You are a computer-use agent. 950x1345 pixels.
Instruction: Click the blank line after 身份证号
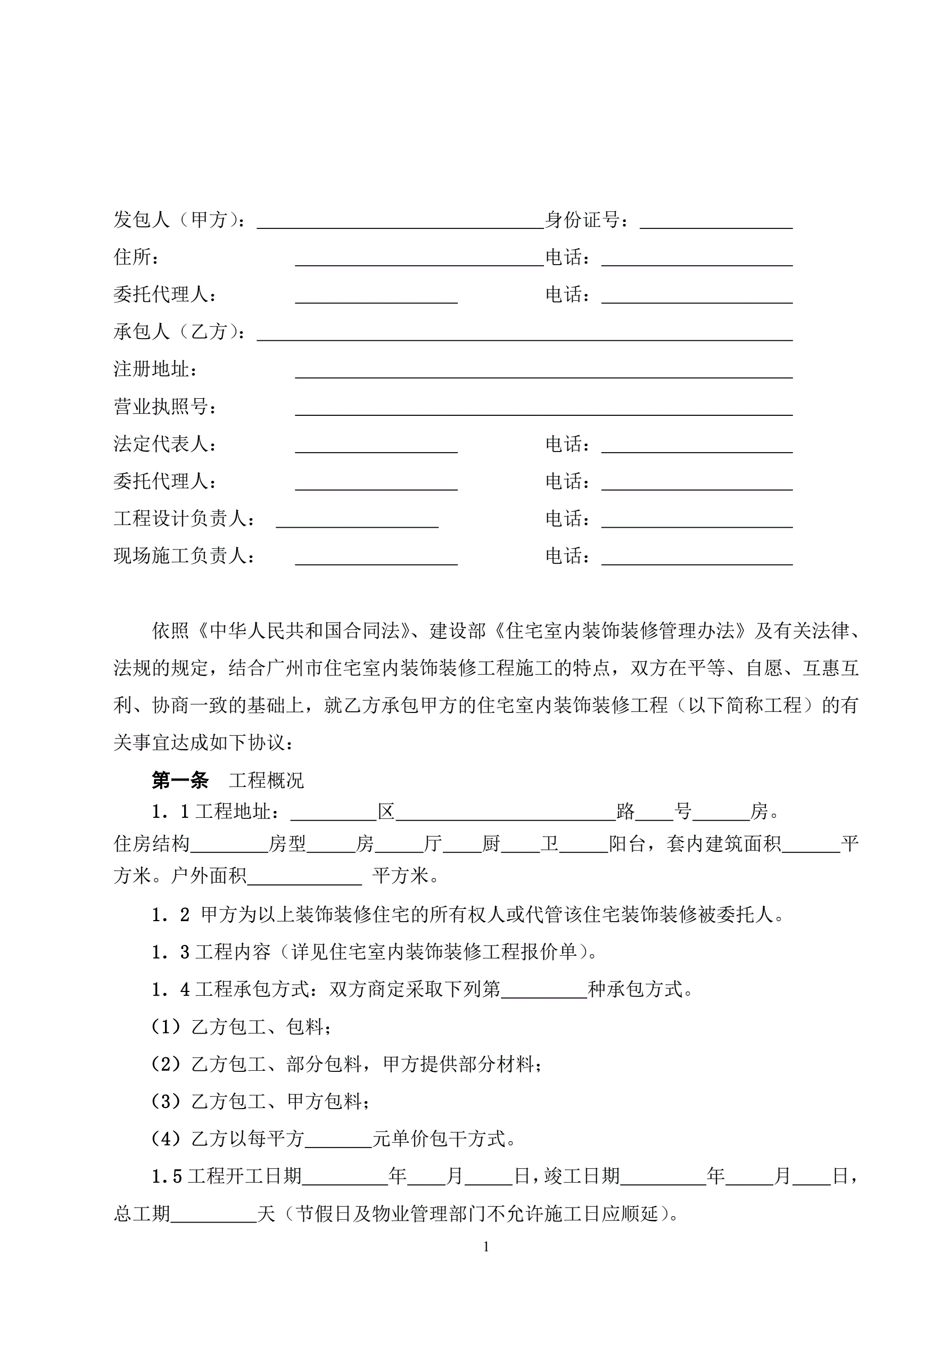716,223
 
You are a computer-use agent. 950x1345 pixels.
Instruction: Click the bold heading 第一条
180,780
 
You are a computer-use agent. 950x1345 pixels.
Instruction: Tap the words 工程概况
267,780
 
